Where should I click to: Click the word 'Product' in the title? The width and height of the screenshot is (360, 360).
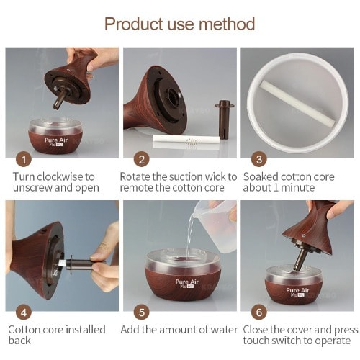pyautogui.click(x=133, y=24)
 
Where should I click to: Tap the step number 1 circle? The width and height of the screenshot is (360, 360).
pyautogui.click(x=24, y=159)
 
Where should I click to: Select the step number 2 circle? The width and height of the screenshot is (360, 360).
pyautogui.click(x=142, y=159)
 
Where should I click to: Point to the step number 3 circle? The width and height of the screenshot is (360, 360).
pyautogui.click(x=259, y=159)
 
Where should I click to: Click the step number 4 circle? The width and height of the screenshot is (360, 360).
pyautogui.click(x=24, y=312)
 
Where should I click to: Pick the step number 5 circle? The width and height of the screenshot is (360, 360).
pyautogui.click(x=142, y=312)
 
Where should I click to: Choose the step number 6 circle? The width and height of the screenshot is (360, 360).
pyautogui.click(x=259, y=312)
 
